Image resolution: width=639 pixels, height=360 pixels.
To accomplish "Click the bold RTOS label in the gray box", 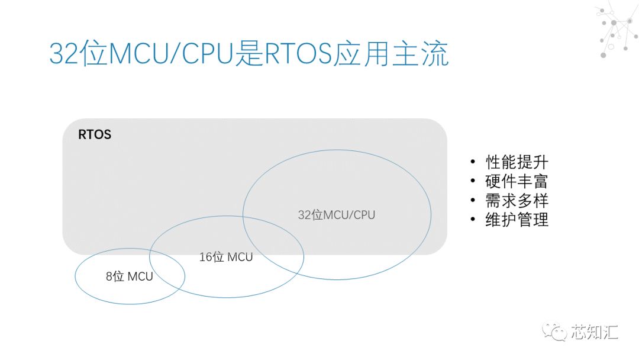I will pyautogui.click(x=95, y=135).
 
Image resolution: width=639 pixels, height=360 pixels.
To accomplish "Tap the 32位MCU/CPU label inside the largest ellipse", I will pyautogui.click(x=336, y=214).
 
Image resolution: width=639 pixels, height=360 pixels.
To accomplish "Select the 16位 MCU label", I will pyautogui.click(x=226, y=257).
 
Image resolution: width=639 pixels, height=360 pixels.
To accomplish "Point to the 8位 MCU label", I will pyautogui.click(x=129, y=276).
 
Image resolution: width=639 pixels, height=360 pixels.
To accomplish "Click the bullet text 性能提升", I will pyautogui.click(x=517, y=162).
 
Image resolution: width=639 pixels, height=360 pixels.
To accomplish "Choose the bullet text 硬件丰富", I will pyautogui.click(x=517, y=181).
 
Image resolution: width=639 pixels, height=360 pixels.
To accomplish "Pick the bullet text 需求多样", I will pyautogui.click(x=517, y=200).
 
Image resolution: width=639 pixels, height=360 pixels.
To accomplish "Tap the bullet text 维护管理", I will pyautogui.click(x=517, y=220).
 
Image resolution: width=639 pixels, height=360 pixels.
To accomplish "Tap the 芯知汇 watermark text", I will pyautogui.click(x=595, y=332).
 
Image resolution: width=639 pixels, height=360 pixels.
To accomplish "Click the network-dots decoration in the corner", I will pyautogui.click(x=615, y=30).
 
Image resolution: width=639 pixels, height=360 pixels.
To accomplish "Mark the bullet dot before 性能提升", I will pyautogui.click(x=472, y=163).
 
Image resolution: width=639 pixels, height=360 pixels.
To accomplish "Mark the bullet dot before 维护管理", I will pyautogui.click(x=472, y=220).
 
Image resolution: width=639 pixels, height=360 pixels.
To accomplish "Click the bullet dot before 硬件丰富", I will pyautogui.click(x=472, y=182).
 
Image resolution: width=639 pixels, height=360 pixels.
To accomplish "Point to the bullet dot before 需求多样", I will pyautogui.click(x=472, y=201).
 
